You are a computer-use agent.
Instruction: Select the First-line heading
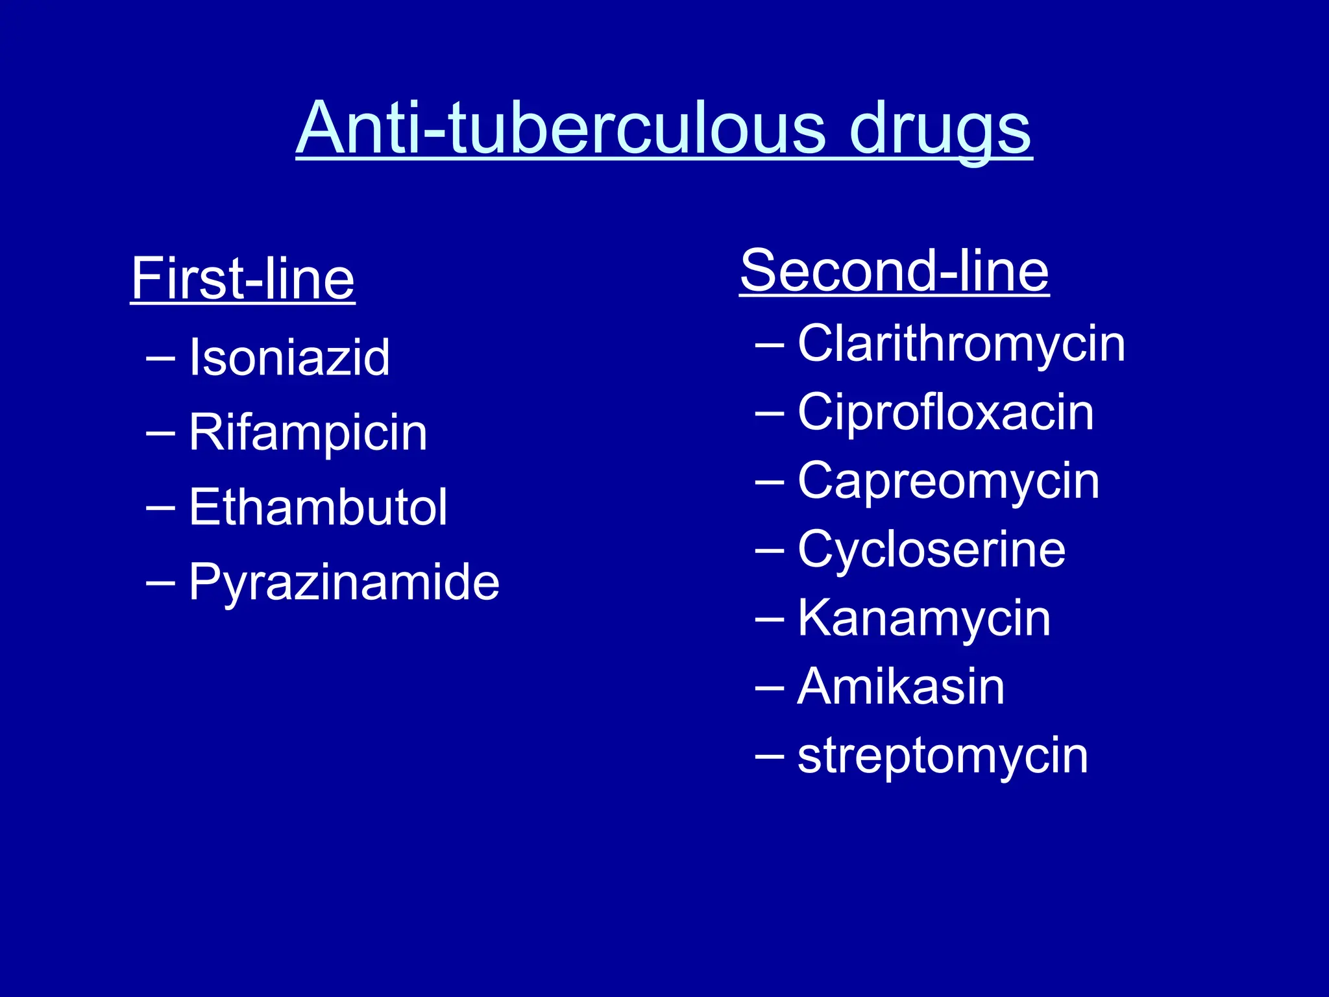(243, 279)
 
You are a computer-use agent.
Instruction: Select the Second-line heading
(894, 271)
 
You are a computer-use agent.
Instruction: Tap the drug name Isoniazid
(289, 358)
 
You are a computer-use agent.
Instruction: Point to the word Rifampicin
(308, 433)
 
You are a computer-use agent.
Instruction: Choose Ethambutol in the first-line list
(318, 508)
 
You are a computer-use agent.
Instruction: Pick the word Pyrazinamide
(344, 582)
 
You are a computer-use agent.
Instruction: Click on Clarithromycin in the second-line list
(961, 344)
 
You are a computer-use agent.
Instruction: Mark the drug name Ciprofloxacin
(945, 413)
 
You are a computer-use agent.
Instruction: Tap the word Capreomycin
(948, 482)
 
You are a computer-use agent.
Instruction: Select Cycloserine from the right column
(931, 550)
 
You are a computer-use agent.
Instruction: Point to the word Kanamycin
(924, 619)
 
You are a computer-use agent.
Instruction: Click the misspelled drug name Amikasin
(901, 687)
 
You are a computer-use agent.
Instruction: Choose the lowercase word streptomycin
(942, 756)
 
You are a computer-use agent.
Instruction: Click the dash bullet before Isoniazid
(160, 358)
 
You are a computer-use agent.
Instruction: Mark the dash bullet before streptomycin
(770, 756)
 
